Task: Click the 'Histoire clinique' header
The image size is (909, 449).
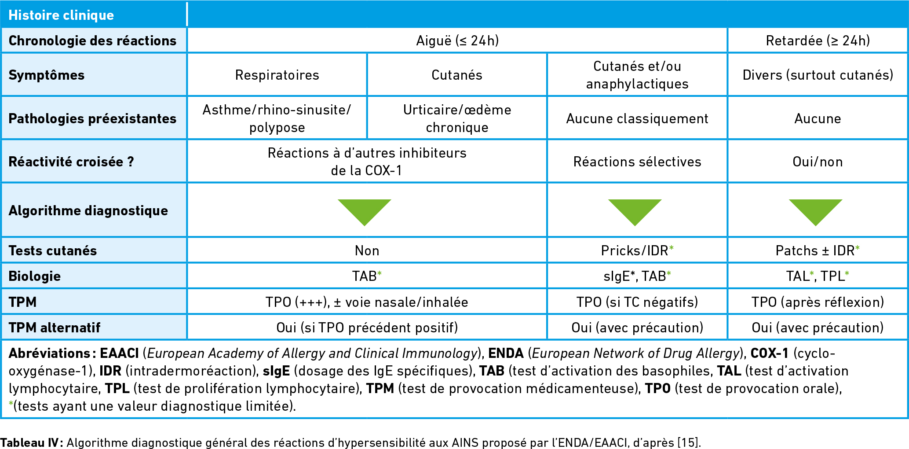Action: click(x=61, y=15)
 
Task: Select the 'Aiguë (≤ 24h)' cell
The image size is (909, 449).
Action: click(x=457, y=40)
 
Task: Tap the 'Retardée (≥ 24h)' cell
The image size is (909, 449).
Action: click(x=818, y=40)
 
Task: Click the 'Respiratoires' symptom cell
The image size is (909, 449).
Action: click(x=277, y=75)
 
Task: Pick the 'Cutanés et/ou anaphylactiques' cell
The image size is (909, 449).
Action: click(x=637, y=75)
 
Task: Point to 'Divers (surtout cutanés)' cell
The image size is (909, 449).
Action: click(x=818, y=75)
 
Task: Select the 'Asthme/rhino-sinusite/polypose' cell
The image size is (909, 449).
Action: click(x=277, y=118)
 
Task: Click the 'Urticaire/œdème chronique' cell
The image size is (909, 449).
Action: click(x=457, y=118)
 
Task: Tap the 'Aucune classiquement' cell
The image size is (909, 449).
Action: click(x=637, y=118)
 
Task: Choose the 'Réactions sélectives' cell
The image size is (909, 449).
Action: click(x=637, y=162)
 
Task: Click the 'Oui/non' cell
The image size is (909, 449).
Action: click(x=818, y=162)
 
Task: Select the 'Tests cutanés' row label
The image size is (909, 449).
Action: click(x=53, y=250)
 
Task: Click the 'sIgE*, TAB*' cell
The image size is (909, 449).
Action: click(x=637, y=276)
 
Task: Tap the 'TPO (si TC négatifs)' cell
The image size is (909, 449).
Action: click(x=637, y=302)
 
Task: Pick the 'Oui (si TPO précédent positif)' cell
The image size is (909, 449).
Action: click(x=367, y=328)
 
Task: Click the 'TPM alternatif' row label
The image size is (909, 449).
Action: click(x=55, y=328)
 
